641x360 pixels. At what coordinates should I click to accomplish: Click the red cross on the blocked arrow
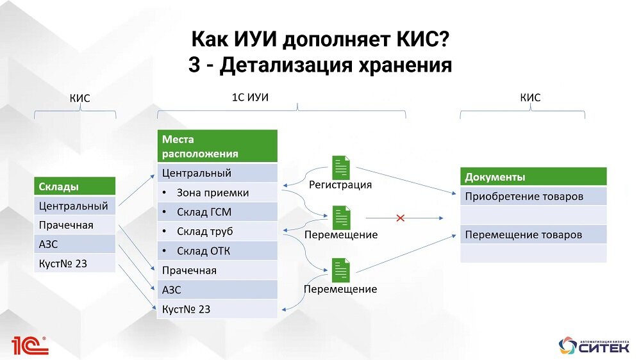pos(401,218)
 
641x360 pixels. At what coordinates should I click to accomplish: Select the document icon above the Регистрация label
pos(341,168)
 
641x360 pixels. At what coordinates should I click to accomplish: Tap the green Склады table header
pos(74,186)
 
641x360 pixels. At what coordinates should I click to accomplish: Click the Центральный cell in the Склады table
pos(74,206)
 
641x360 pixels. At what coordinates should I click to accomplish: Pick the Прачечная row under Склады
pos(74,225)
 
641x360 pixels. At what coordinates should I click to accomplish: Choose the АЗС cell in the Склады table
pos(74,244)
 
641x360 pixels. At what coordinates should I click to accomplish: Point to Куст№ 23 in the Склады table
pos(74,263)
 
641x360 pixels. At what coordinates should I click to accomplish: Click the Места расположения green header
pos(217,146)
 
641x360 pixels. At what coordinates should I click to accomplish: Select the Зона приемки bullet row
pos(217,192)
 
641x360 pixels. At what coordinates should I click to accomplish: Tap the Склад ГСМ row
pos(217,212)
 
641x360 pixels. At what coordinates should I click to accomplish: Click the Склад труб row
pos(217,231)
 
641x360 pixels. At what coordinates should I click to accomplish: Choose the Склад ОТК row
pos(217,250)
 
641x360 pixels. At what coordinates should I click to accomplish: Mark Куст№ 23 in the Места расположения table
pos(217,309)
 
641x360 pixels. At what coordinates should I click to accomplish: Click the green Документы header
pos(533,177)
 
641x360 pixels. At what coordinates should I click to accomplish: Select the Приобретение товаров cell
pos(533,196)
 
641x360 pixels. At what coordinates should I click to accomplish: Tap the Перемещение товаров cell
pos(533,234)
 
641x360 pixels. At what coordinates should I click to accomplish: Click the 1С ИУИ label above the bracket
pos(250,97)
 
